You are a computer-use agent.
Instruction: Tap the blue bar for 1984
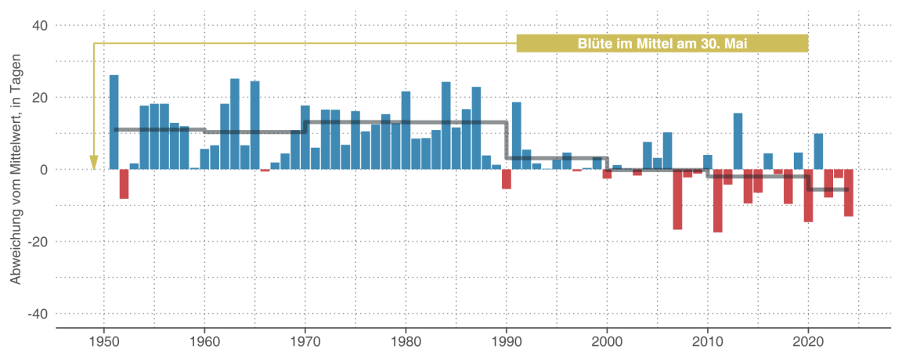446,125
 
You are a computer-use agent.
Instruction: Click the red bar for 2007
677,199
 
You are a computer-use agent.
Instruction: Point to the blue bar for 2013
738,141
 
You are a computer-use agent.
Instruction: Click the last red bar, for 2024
849,193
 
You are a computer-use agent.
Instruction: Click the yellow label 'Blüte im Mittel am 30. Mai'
662,44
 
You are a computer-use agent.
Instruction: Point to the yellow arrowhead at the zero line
94,162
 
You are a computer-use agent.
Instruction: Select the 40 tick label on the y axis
40,26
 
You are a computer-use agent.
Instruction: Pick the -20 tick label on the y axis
38,242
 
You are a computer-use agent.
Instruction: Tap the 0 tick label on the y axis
44,170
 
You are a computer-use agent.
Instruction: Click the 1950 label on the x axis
103,341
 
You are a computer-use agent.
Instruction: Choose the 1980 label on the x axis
406,341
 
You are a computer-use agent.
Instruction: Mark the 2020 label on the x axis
808,341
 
